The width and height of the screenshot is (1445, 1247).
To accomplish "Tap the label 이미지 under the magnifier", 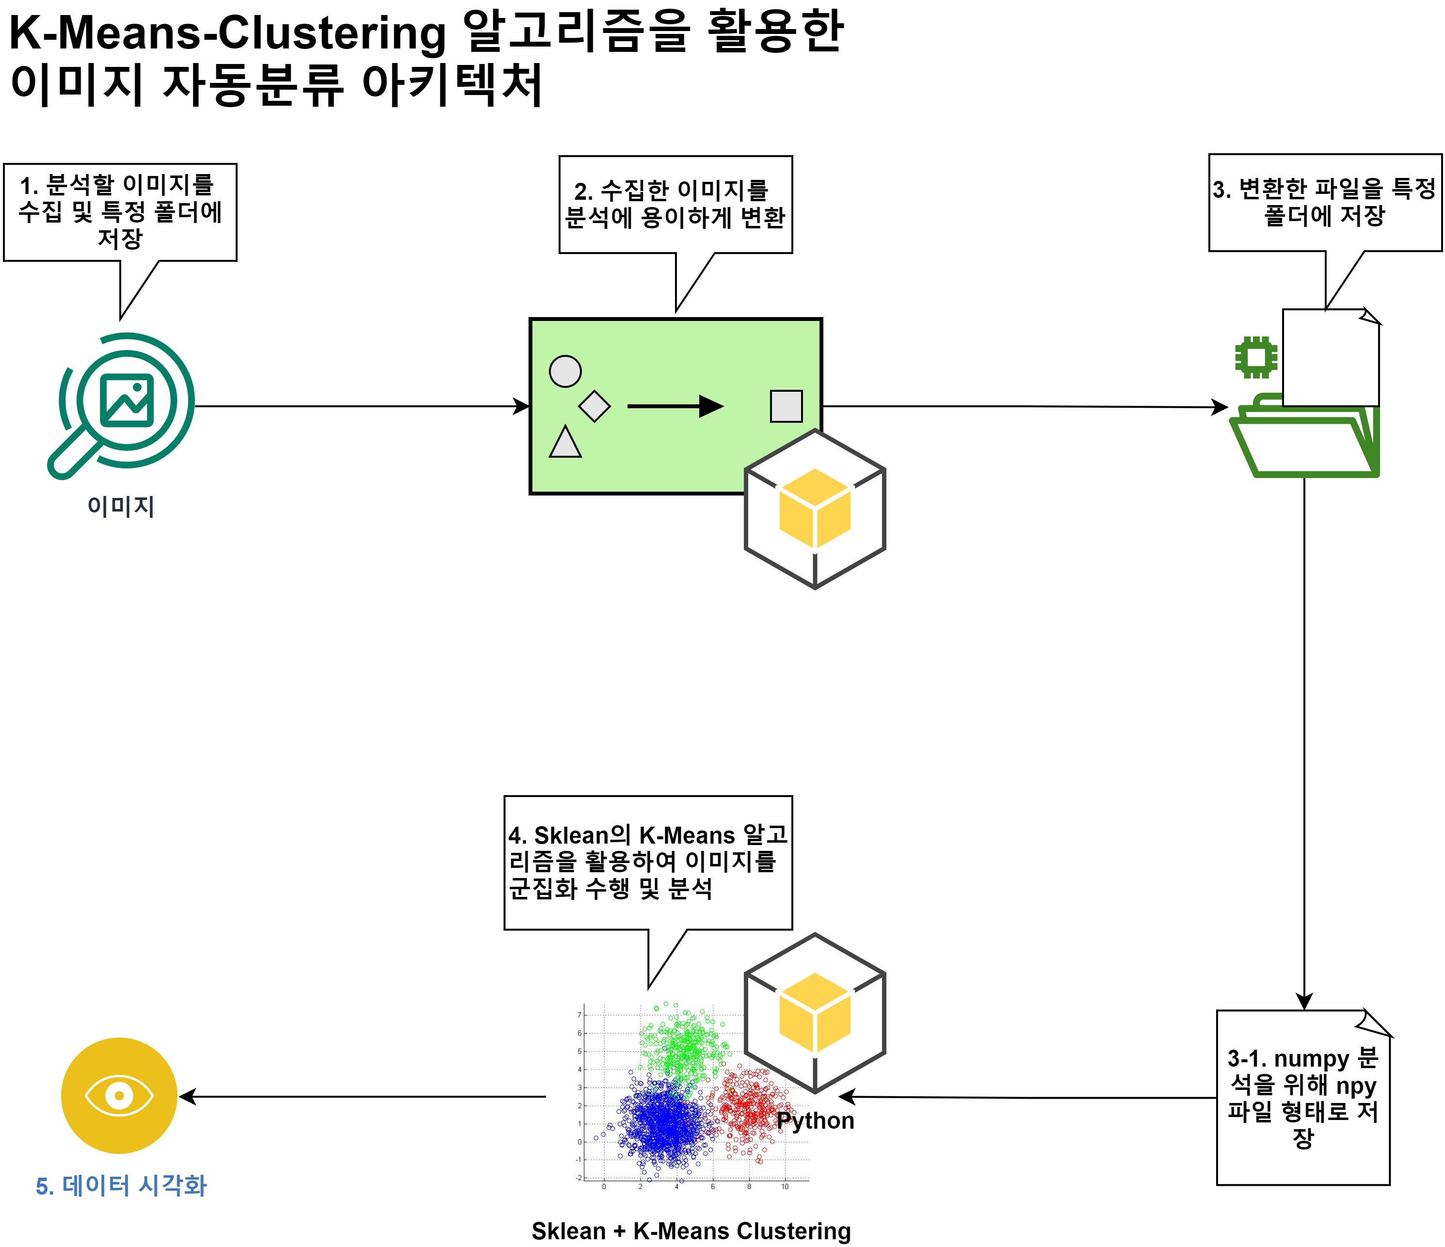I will [x=121, y=506].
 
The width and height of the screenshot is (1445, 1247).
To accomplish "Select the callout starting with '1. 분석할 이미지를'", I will [x=120, y=212].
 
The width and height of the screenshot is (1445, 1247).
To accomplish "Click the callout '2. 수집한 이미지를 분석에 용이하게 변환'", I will [x=675, y=204].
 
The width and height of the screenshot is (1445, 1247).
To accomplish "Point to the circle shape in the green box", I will [x=565, y=371].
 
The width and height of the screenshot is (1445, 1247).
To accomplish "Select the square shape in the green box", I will [x=786, y=406].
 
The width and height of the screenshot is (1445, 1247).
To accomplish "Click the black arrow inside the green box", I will [x=675, y=406].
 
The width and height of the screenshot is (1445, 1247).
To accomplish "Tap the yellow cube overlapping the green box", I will [x=815, y=509].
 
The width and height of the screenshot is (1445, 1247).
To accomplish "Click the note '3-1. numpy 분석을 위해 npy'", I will [x=1303, y=1099].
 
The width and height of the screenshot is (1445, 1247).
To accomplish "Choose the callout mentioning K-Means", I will [x=648, y=862].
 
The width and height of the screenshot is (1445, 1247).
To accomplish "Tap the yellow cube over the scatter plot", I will [x=815, y=1013].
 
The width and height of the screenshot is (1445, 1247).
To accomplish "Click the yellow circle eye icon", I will [x=119, y=1095].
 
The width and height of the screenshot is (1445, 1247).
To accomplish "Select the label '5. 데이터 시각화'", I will [x=121, y=1185].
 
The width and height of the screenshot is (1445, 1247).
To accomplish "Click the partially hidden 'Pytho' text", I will [x=806, y=1120].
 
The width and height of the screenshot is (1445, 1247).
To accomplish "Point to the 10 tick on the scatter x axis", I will [x=785, y=1186].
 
